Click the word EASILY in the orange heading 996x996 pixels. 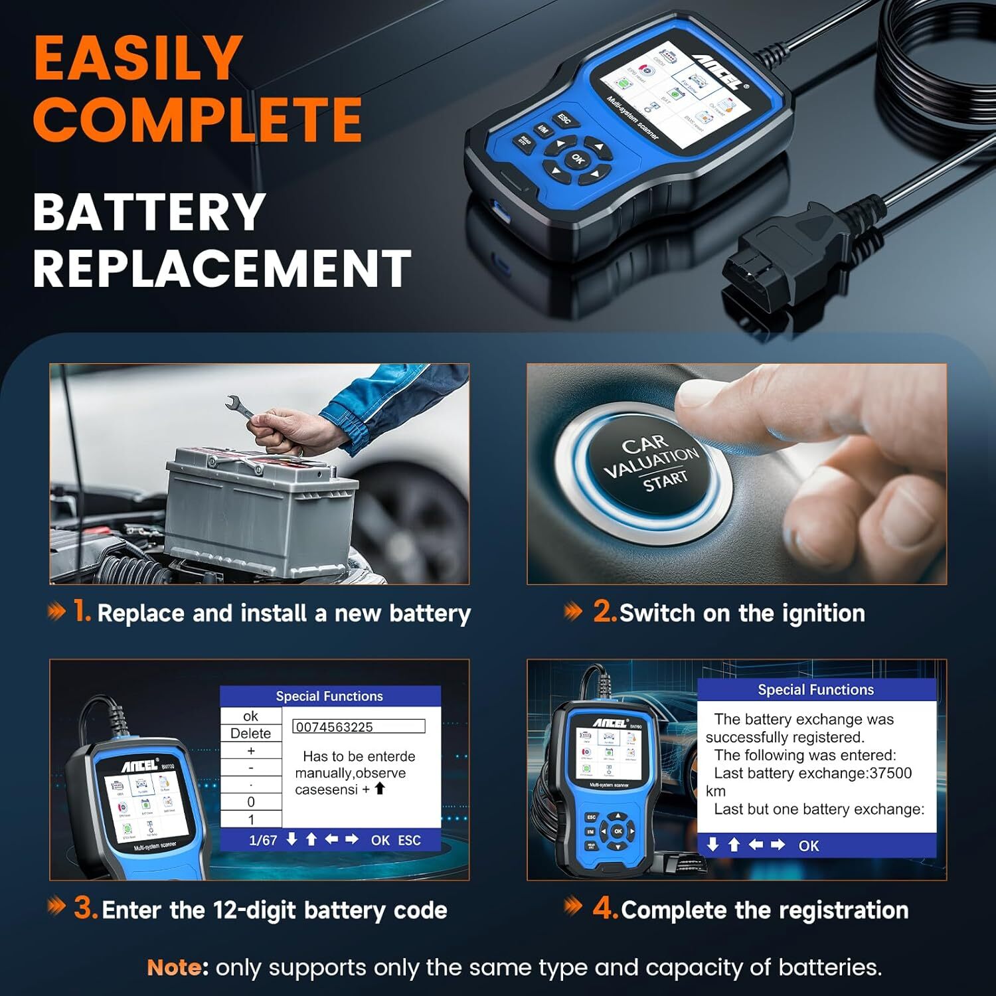138,58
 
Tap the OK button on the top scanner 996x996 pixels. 578,159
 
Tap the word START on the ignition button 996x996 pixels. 665,480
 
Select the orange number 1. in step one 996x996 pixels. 82,611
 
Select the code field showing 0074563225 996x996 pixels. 359,726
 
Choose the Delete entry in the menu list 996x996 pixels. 250,734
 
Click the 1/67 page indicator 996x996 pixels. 263,840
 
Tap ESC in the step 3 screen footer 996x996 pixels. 409,840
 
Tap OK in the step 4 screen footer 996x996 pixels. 809,846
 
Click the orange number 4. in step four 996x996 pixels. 605,908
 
